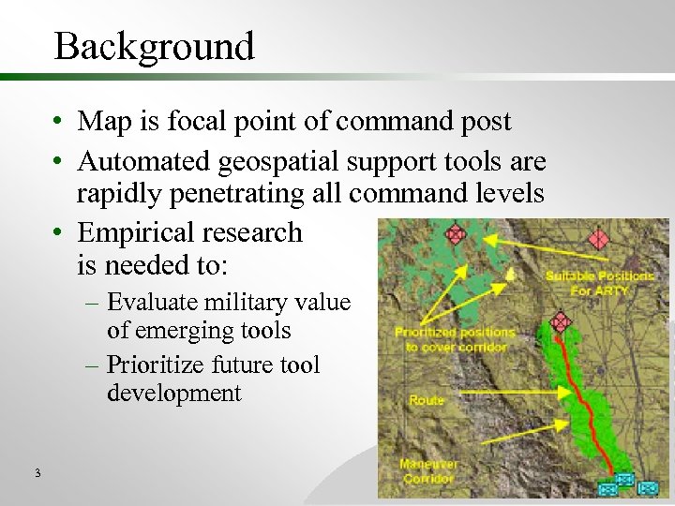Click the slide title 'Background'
154,46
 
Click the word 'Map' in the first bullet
102,121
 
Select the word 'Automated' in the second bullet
144,162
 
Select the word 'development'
174,393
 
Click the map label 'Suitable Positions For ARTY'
600,283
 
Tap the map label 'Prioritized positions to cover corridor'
454,339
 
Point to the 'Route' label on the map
427,400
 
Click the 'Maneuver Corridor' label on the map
427,470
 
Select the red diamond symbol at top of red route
561,322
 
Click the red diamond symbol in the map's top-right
598,239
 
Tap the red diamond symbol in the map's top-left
456,233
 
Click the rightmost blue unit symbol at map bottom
646,487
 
